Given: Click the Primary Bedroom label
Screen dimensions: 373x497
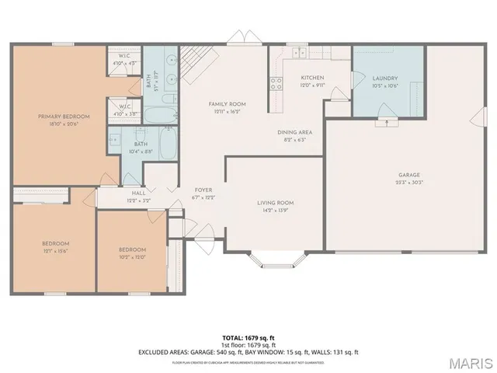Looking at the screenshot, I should (64, 117).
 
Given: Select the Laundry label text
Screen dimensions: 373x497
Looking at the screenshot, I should (385, 78).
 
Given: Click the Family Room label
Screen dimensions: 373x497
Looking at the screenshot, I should (227, 103).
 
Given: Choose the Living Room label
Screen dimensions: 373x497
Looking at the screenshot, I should (276, 203).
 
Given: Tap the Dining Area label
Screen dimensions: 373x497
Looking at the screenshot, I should (296, 132).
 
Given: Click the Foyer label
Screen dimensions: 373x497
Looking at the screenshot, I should (203, 189).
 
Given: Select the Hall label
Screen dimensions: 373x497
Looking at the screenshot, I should (138, 193).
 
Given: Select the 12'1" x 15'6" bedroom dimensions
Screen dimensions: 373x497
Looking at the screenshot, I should (55, 251).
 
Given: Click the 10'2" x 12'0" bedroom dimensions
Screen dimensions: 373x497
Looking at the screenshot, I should (133, 256).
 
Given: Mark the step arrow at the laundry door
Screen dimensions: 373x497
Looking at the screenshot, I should (382, 122).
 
